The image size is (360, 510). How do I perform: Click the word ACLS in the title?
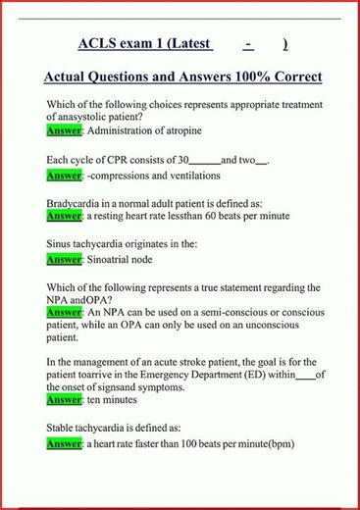(x=99, y=44)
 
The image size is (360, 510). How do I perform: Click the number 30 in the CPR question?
(x=182, y=159)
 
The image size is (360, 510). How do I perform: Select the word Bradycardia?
(x=75, y=204)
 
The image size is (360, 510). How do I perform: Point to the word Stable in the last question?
(x=63, y=429)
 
